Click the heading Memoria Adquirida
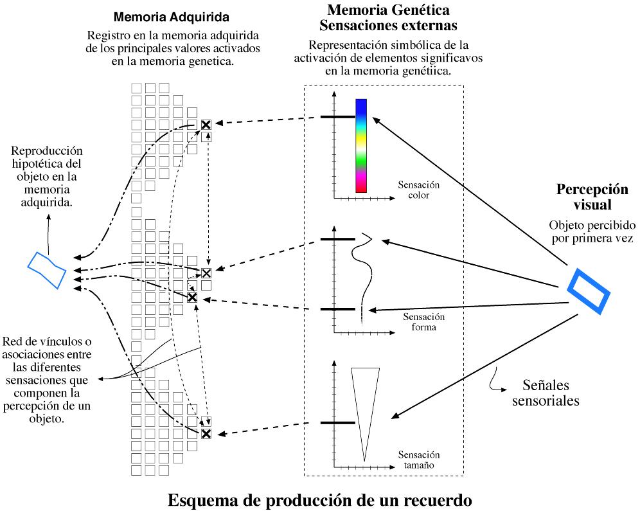[172, 16]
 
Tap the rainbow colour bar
[361, 145]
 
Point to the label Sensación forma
[423, 321]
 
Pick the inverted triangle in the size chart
[364, 405]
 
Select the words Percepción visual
[592, 197]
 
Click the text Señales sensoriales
[543, 393]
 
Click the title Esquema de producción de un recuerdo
[319, 499]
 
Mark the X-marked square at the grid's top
[206, 125]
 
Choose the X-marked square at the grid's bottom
[206, 434]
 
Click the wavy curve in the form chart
[366, 270]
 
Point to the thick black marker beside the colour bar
[337, 117]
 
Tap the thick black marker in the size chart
[337, 423]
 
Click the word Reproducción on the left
[47, 151]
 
